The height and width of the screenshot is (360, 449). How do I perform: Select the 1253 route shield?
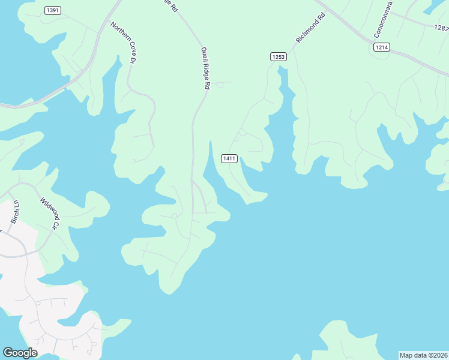pos(278,56)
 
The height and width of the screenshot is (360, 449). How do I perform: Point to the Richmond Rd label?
pos(310,28)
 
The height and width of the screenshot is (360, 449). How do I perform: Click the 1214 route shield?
pos(381,47)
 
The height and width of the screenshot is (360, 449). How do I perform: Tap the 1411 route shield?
pos(229,158)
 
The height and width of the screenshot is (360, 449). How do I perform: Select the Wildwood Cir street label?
pos(50,212)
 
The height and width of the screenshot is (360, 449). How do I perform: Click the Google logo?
pos(20,353)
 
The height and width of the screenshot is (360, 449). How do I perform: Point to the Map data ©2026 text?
pos(423,355)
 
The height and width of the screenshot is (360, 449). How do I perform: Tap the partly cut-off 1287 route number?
pos(441,28)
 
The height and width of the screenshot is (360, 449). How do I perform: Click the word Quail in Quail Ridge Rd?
pos(203,55)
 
